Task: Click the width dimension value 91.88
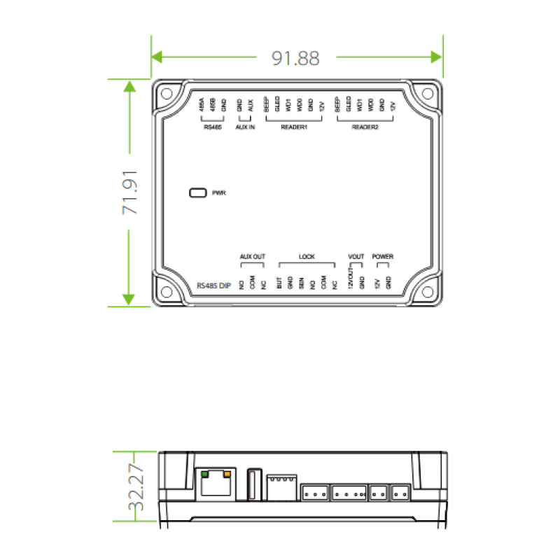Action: pyautogui.click(x=296, y=59)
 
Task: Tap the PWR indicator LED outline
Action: pyautogui.click(x=197, y=192)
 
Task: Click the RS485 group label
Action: pyautogui.click(x=211, y=128)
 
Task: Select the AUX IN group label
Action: pyautogui.click(x=244, y=128)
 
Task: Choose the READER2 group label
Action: pyautogui.click(x=365, y=128)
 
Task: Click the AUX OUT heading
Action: pyautogui.click(x=252, y=257)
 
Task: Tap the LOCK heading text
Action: pyautogui.click(x=307, y=257)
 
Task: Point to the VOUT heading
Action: pyautogui.click(x=356, y=257)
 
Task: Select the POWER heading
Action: pyautogui.click(x=383, y=257)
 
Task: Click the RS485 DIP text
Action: pyautogui.click(x=213, y=285)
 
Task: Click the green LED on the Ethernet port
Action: pyautogui.click(x=204, y=474)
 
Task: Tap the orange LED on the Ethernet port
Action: pyautogui.click(x=227, y=474)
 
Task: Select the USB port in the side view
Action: pyautogui.click(x=253, y=484)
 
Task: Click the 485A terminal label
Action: pyautogui.click(x=202, y=106)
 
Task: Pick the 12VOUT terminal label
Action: pyautogui.click(x=350, y=281)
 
